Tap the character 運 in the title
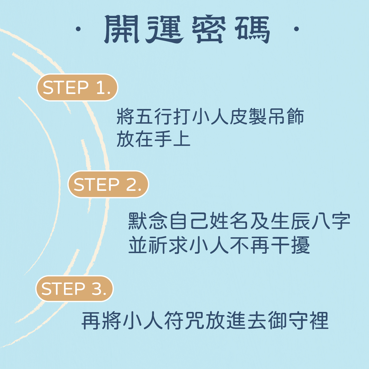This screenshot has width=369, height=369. (164, 29)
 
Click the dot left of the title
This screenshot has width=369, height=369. (78, 29)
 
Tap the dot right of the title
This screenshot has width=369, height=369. (296, 29)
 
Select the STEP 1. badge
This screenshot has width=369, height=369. (77, 87)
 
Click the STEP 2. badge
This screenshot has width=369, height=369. (108, 184)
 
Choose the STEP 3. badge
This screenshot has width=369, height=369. (74, 289)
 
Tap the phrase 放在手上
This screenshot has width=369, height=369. (153, 139)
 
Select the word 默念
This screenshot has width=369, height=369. (148, 221)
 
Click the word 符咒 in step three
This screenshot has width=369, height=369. (184, 321)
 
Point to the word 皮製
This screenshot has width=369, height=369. (248, 117)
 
